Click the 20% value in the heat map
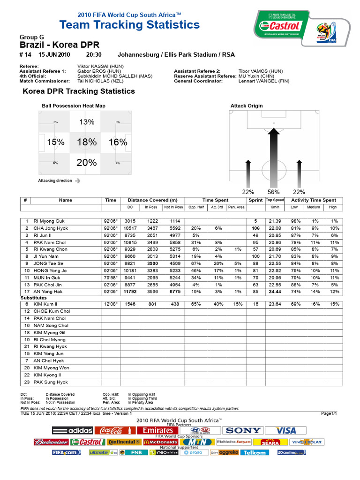pos(87,163)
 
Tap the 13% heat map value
pos(87,122)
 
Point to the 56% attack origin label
pos(273,192)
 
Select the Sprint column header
pos(255,200)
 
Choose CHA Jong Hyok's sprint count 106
pos(255,228)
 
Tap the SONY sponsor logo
pos(242,430)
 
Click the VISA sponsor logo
pos(285,430)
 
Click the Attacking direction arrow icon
pos(77,180)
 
